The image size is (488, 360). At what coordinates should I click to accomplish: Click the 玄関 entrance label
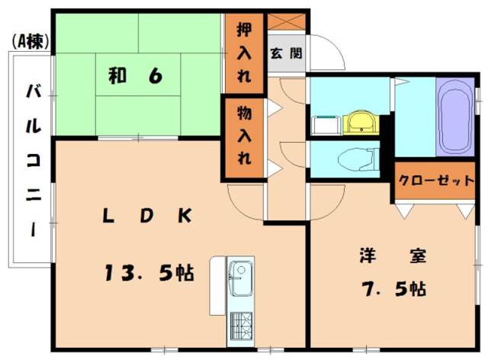286,53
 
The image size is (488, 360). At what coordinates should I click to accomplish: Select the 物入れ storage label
243,137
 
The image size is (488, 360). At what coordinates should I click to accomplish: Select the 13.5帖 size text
148,271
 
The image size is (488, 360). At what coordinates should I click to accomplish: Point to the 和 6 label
133,76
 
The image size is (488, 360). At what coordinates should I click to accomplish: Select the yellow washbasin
358,121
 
